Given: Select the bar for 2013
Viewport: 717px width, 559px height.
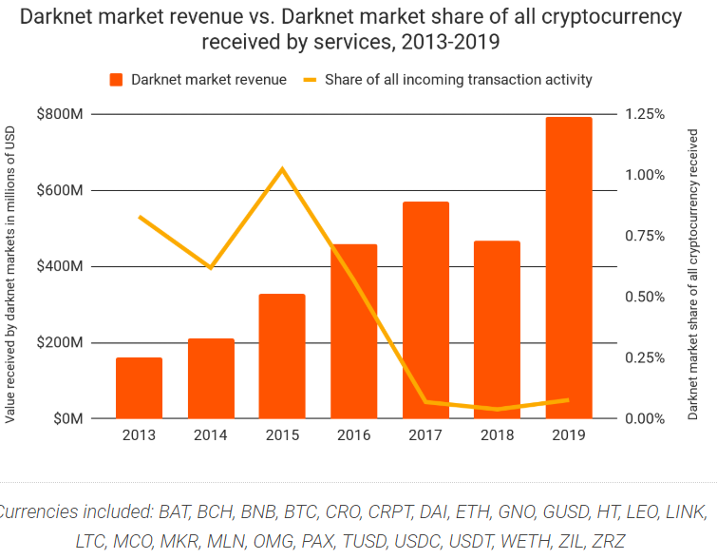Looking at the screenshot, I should click(140, 388).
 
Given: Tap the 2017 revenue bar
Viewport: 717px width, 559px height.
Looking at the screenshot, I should click(425, 310).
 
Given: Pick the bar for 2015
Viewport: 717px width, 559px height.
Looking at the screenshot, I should click(282, 356).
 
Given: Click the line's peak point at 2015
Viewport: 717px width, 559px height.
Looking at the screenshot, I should click(282, 169).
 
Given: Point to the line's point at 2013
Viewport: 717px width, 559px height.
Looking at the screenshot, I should click(140, 217).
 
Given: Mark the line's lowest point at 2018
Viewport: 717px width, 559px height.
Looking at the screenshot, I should click(497, 410).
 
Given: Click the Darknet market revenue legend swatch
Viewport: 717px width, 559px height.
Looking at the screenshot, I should click(117, 80).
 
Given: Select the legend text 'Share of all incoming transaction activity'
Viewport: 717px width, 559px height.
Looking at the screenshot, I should click(460, 80).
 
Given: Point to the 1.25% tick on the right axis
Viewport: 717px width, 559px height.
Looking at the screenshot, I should click(645, 114).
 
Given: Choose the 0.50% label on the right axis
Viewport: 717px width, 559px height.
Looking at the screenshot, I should click(645, 297).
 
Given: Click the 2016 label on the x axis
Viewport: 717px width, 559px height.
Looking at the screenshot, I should click(353, 434).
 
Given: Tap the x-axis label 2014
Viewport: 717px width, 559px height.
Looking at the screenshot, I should click(211, 434).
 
